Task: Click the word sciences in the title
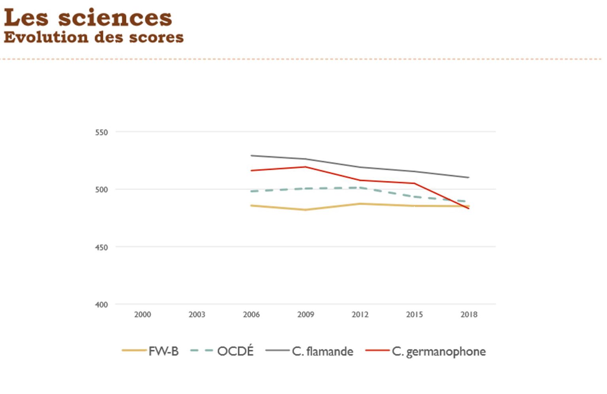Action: click(115, 18)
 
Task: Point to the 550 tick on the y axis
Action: click(101, 133)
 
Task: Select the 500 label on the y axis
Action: click(101, 190)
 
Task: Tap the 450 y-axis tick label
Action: click(101, 248)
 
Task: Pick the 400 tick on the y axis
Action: click(101, 305)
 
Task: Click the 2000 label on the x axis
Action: click(142, 315)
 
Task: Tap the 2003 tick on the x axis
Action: click(197, 315)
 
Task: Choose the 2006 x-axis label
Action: click(251, 315)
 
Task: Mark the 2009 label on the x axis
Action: click(305, 315)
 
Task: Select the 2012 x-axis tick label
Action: click(360, 315)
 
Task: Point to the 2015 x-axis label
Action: click(414, 315)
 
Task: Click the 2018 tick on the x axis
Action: click(469, 315)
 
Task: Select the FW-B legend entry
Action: click(163, 351)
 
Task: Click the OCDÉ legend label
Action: click(235, 351)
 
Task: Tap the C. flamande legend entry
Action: click(322, 351)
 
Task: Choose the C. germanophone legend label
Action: click(439, 351)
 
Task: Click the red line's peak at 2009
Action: click(305, 167)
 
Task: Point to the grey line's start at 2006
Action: click(251, 156)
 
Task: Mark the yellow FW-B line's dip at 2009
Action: click(305, 210)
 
